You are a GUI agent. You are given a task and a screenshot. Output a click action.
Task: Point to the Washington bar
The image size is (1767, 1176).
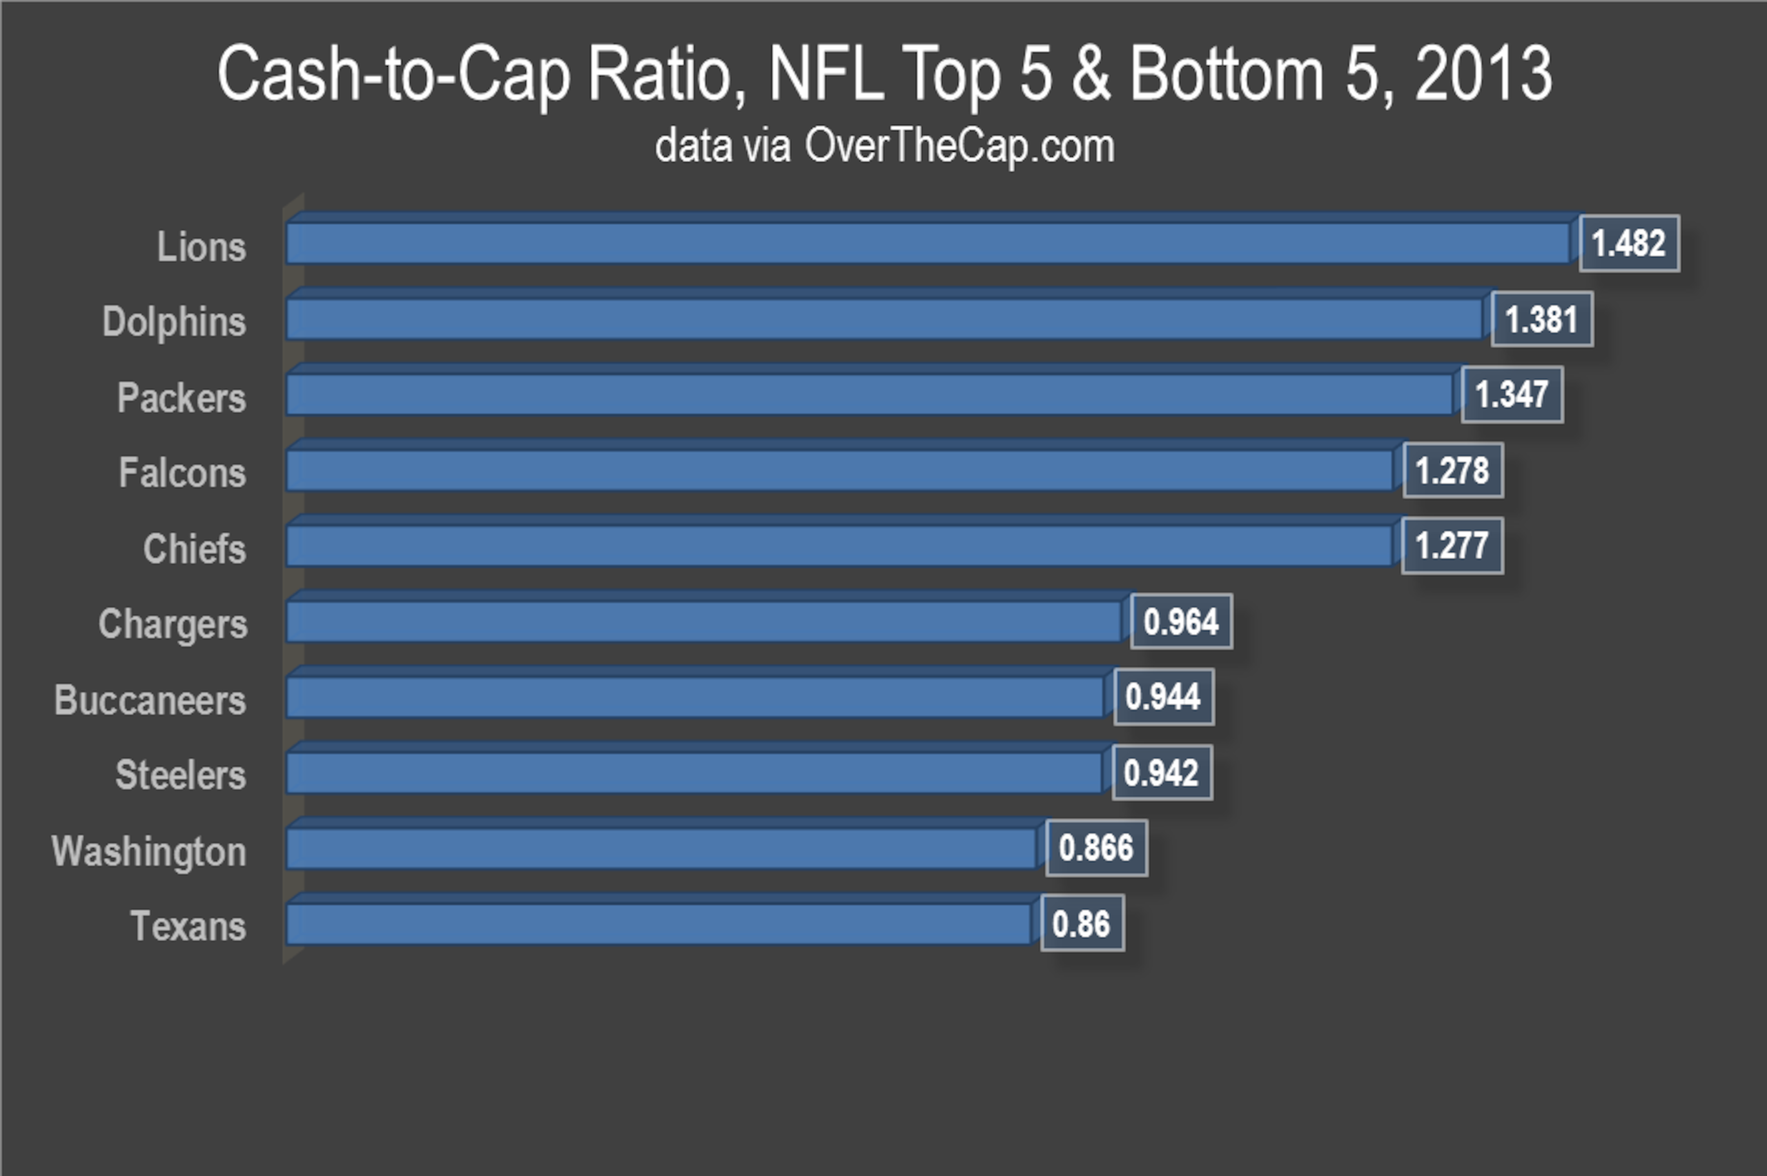click(665, 844)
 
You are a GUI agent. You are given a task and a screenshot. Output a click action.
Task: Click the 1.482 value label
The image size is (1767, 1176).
click(1629, 243)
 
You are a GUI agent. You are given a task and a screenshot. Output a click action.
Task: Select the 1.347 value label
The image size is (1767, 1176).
click(1512, 395)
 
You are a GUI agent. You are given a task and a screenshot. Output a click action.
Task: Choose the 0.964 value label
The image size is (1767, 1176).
click(1181, 621)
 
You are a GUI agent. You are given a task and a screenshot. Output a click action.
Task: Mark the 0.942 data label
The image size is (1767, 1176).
click(1162, 773)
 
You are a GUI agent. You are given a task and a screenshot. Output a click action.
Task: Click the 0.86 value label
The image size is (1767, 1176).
click(1082, 924)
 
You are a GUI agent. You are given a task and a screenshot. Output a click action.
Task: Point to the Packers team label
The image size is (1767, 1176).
click(182, 397)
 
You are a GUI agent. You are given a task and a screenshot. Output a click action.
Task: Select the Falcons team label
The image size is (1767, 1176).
click(182, 472)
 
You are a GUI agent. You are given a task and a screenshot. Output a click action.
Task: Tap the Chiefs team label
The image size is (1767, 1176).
click(195, 548)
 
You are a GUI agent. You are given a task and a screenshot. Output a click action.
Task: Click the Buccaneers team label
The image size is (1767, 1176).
click(150, 700)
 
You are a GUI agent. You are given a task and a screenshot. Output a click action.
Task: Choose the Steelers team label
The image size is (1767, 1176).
click(181, 775)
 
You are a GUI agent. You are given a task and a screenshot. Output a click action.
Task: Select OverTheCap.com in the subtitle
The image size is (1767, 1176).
click(959, 146)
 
